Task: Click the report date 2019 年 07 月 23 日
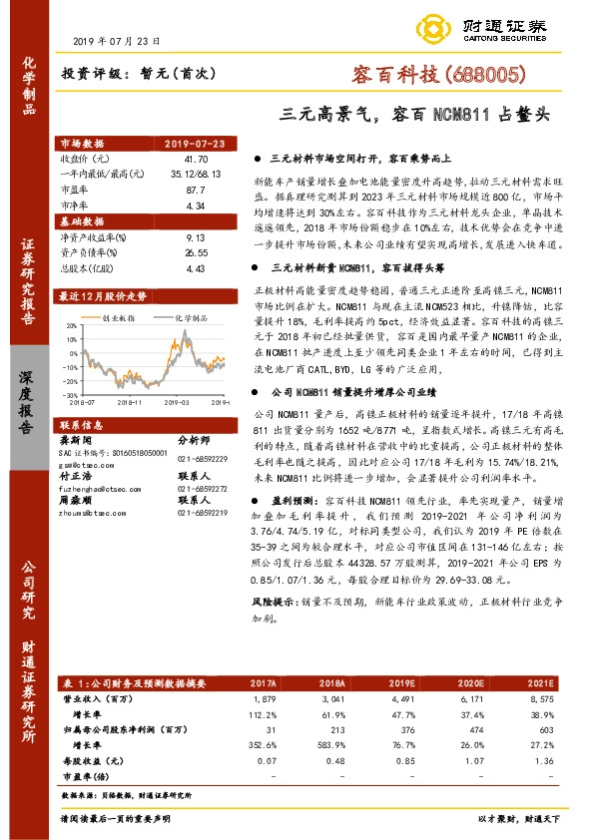point(117,41)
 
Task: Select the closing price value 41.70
point(196,159)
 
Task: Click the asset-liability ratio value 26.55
point(196,253)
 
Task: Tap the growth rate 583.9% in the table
point(332,741)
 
